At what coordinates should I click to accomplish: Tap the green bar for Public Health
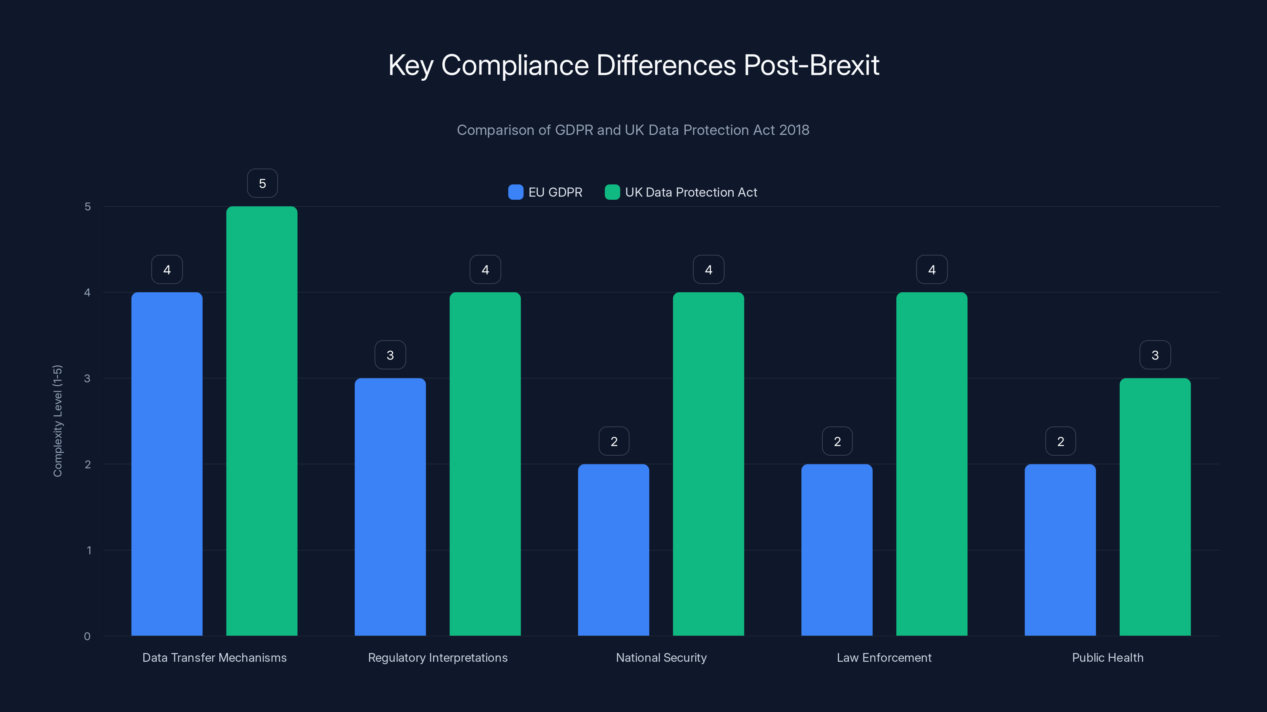(1155, 507)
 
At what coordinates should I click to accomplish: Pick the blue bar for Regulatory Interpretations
(390, 507)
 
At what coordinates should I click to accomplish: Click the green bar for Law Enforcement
(932, 464)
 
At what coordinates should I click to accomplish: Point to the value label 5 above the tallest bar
(262, 183)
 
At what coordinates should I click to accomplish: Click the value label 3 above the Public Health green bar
(1155, 355)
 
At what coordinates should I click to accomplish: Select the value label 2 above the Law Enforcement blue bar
(837, 441)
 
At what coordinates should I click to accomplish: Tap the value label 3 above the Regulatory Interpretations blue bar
(390, 355)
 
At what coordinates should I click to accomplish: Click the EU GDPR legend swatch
(516, 192)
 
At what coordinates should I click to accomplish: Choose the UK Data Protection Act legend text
(691, 192)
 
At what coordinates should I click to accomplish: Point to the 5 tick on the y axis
(88, 206)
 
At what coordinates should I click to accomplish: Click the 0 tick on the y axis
(87, 636)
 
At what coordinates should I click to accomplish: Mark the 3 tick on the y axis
(87, 379)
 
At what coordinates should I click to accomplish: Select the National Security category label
(661, 657)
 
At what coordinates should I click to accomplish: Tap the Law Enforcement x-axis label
(884, 657)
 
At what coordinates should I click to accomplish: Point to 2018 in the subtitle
(794, 130)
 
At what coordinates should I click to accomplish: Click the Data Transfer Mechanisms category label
(215, 657)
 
